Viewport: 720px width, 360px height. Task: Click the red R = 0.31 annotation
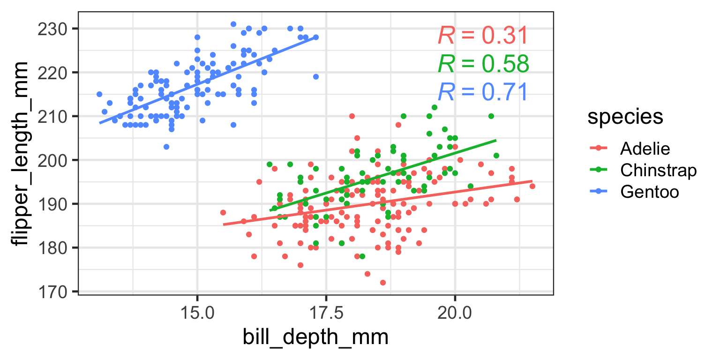pos(483,36)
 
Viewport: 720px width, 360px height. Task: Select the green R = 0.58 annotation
pos(483,64)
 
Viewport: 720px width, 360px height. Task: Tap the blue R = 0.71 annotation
pos(483,92)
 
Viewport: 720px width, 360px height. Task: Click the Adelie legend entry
pos(645,149)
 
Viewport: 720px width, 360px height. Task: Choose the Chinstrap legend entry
pos(658,170)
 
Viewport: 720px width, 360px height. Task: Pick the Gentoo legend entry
pos(650,191)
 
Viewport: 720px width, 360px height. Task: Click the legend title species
pos(625,118)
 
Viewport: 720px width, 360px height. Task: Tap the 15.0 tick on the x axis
pos(197,312)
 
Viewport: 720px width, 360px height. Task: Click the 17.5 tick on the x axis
pos(326,312)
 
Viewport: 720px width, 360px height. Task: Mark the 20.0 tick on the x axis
pos(454,312)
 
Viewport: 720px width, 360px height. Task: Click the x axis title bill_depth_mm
pos(315,337)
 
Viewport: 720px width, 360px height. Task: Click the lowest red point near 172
pos(382,283)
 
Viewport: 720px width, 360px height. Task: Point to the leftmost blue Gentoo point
pos(99,94)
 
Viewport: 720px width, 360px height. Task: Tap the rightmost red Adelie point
pos(532,186)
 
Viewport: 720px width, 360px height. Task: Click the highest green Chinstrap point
pos(434,107)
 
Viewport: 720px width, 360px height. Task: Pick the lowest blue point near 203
pos(166,147)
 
